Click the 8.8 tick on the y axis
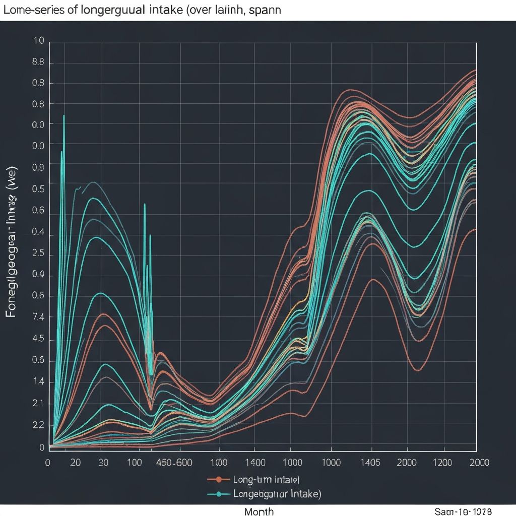39,63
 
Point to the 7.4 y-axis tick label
39,317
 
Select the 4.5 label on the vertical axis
39,339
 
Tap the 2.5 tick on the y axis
39,254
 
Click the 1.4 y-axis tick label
39,382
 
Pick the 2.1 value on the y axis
39,404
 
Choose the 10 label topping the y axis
39,41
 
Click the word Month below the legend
259,511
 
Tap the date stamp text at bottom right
462,511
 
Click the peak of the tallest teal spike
64,116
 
